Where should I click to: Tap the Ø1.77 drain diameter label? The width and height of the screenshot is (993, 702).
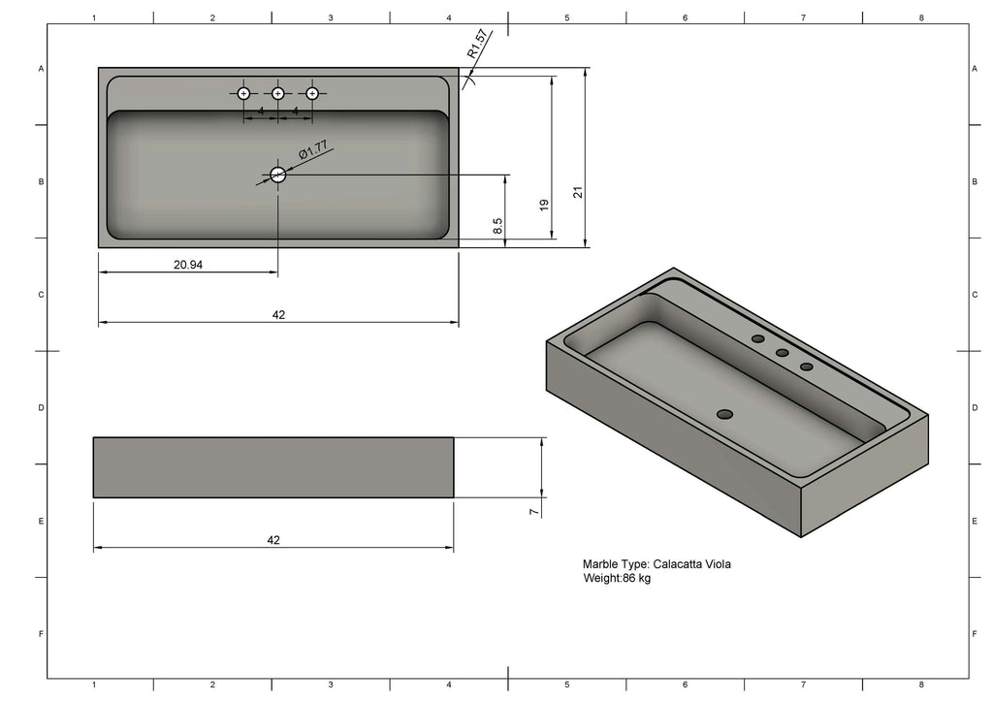pyautogui.click(x=313, y=150)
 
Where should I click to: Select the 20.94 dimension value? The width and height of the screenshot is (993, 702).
pyautogui.click(x=188, y=265)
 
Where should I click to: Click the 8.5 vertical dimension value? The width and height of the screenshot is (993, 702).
pyautogui.click(x=497, y=226)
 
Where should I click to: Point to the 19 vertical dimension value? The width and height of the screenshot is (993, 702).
pyautogui.click(x=544, y=206)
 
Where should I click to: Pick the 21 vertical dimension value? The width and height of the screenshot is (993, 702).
pyautogui.click(x=578, y=192)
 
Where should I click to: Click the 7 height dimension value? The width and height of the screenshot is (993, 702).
pyautogui.click(x=534, y=511)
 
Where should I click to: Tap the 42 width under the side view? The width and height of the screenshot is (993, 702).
pyautogui.click(x=273, y=540)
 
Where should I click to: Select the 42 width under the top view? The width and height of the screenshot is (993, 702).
pyautogui.click(x=278, y=314)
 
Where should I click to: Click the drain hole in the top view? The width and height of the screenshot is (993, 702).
pyautogui.click(x=278, y=175)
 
